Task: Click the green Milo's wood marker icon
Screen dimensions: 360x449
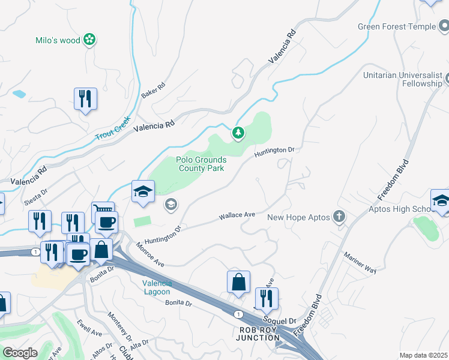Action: (90, 40)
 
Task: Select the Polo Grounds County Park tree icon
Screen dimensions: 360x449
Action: (238, 133)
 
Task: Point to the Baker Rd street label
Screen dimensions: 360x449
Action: (152, 91)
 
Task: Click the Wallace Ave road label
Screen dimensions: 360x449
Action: (237, 215)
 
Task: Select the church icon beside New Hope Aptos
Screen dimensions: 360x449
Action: (340, 217)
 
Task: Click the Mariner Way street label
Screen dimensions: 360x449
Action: (360, 262)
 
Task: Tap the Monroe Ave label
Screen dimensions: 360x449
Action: (149, 254)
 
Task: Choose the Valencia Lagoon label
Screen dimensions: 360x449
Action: (157, 287)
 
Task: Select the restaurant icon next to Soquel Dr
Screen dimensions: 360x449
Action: (266, 298)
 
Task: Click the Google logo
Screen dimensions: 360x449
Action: (20, 352)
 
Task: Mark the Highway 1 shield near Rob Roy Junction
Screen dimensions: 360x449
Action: (239, 314)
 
